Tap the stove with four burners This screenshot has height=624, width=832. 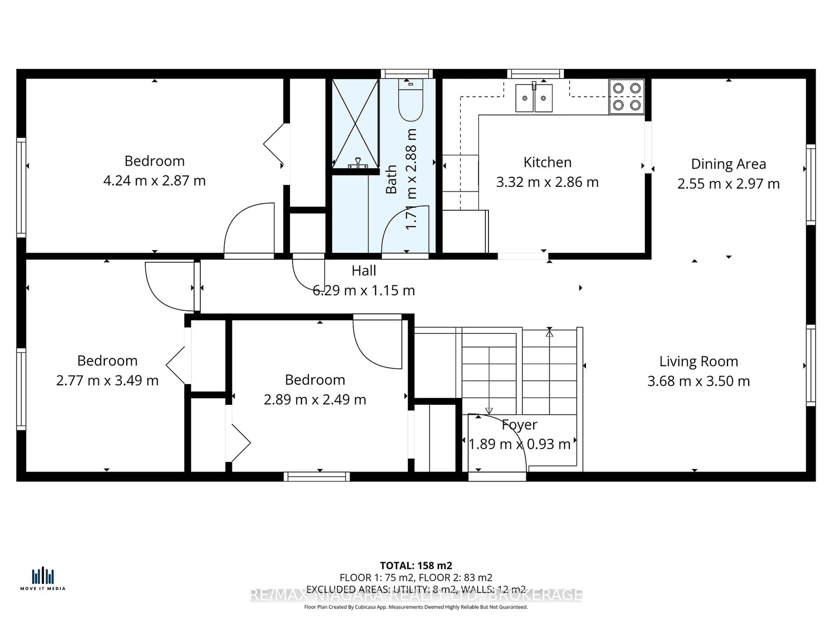click(627, 97)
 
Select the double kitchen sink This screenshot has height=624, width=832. click(534, 98)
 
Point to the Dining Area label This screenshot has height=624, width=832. click(728, 164)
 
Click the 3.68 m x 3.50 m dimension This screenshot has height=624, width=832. click(699, 381)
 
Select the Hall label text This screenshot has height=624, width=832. click(364, 270)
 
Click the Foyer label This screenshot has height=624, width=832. click(519, 424)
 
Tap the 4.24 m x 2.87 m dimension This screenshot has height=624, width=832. click(154, 180)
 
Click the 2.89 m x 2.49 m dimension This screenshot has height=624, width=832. click(315, 400)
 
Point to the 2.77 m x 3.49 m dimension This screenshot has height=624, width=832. click(107, 380)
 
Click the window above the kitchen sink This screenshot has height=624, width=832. click(535, 74)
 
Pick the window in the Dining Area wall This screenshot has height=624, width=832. click(811, 184)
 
